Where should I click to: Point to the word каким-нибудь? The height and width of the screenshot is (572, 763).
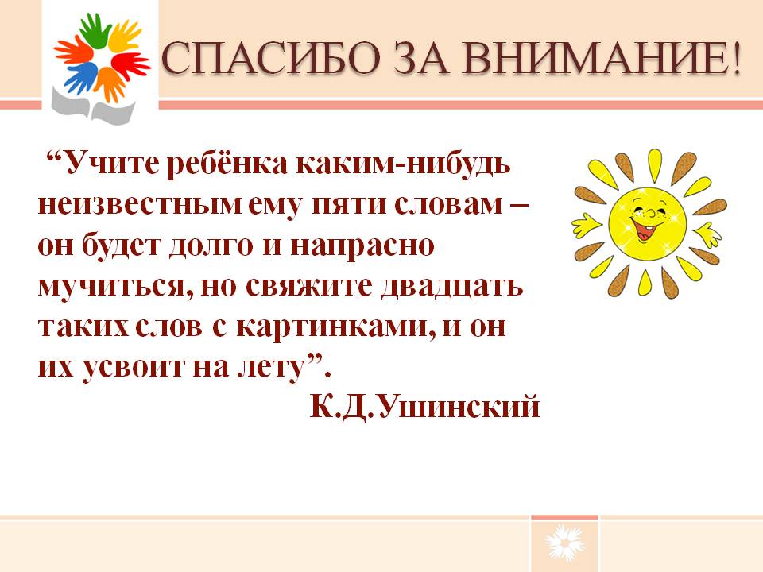(x=404, y=164)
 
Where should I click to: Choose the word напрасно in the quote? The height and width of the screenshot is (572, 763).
(x=362, y=246)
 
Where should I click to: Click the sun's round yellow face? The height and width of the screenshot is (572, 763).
(x=647, y=222)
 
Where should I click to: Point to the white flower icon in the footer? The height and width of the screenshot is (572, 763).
(x=564, y=543)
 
